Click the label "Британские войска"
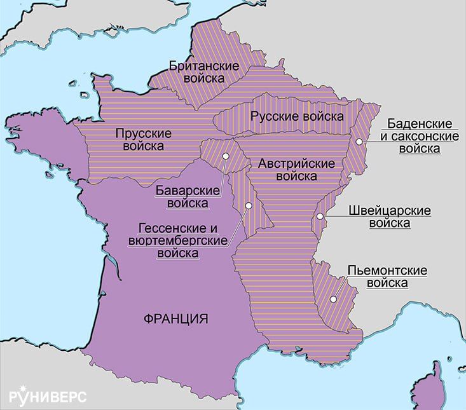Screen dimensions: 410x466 (203, 72)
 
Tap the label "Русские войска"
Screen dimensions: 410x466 (296, 116)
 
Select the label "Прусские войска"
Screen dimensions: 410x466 (140, 140)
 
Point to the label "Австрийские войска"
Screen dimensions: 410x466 (296, 169)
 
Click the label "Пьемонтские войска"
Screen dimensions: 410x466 (387, 277)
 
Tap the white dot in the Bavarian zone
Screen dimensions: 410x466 (225, 156)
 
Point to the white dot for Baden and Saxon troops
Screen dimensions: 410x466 (359, 141)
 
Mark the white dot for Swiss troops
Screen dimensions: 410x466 (320, 217)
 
